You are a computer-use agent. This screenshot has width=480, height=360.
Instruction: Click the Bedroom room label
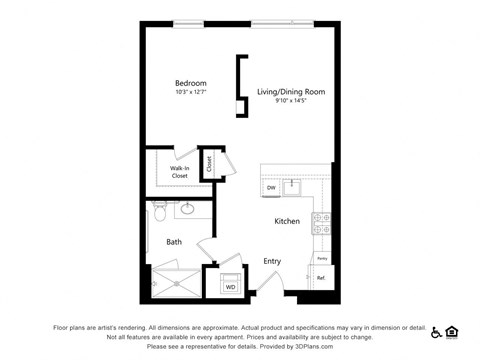[x=190, y=82]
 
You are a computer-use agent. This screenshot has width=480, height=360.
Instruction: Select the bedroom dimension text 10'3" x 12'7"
[x=190, y=93]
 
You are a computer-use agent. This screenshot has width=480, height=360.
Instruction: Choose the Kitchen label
[x=287, y=221]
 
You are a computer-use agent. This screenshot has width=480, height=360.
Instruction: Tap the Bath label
[x=174, y=241]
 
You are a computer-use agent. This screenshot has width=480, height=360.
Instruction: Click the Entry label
[x=272, y=262]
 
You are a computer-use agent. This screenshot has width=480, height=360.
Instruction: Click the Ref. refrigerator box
[x=321, y=277]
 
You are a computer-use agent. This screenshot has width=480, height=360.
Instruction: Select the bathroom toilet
[x=159, y=213]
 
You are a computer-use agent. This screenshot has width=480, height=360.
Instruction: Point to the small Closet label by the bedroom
[x=210, y=162]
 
